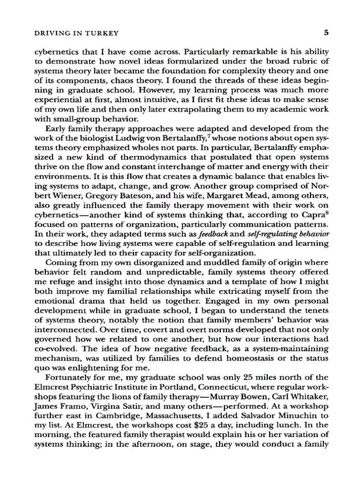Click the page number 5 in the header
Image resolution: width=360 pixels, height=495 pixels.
pyautogui.click(x=325, y=33)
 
